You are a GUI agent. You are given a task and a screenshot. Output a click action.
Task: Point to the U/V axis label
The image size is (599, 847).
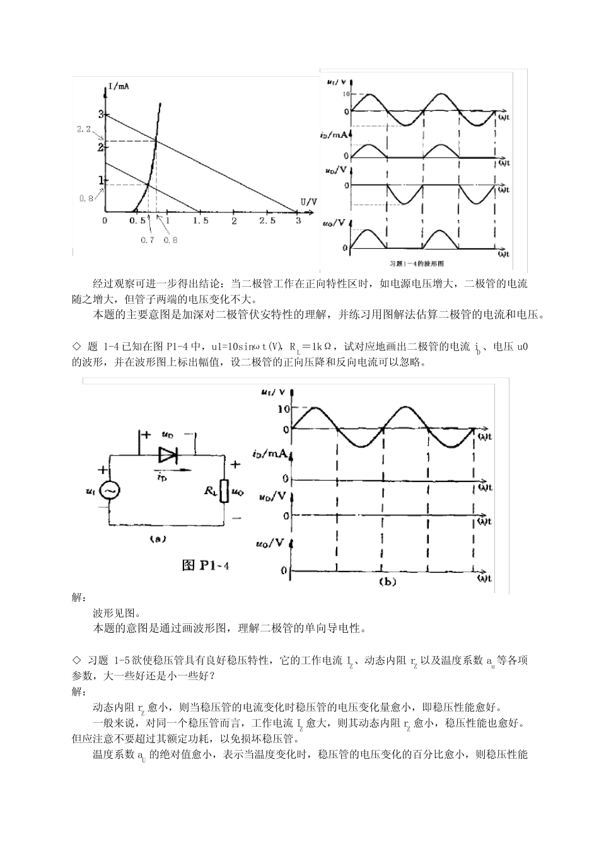pos(308,201)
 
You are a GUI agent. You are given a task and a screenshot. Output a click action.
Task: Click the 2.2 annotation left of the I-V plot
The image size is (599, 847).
pos(84,129)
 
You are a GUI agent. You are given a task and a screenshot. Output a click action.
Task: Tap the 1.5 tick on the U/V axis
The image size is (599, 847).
pos(201,221)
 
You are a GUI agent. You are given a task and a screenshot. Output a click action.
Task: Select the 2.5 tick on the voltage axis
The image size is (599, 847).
pos(267,221)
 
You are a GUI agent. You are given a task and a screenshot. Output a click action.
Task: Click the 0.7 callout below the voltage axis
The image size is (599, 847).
pos(148,239)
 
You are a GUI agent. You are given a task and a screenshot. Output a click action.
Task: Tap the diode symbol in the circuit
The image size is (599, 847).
pos(168,454)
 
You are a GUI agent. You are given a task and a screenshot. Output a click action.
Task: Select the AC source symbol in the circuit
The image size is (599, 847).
pos(111,490)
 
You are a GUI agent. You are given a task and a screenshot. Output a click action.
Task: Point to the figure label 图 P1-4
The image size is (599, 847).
pos(205,565)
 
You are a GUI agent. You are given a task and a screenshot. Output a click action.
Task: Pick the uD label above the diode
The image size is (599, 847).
pos(168,434)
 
